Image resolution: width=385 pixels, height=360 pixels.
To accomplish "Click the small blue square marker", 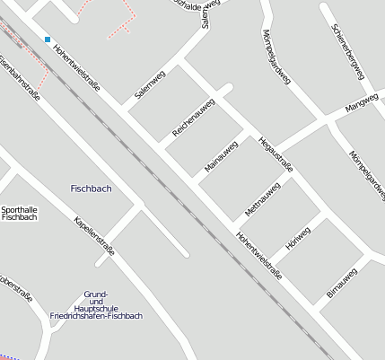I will (x=47, y=40).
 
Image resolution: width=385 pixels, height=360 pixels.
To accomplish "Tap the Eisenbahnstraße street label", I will (x=20, y=80).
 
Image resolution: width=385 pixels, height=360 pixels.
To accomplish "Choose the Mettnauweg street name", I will (x=262, y=199).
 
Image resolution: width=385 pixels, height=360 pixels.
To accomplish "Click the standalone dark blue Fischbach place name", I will (x=91, y=189).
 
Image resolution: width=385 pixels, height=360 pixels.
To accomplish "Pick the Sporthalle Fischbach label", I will (x=20, y=213).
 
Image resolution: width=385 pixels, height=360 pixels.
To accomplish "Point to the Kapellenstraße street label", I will (x=94, y=235).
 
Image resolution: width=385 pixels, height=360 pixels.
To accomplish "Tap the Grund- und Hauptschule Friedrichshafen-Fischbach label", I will (x=96, y=305).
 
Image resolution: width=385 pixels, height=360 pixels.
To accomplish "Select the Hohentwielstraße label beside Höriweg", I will (x=259, y=255).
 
